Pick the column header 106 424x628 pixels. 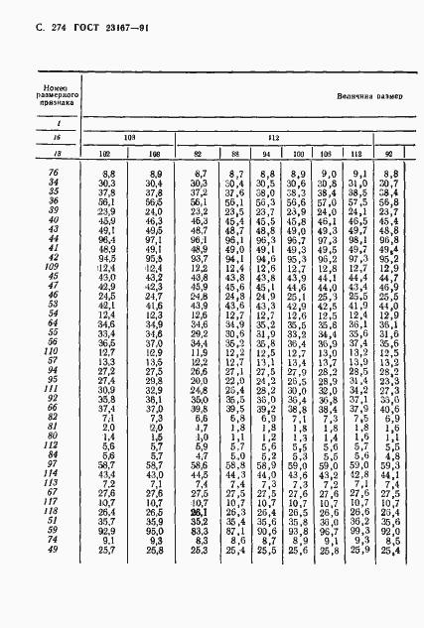tap(325, 155)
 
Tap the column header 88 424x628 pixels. tap(231, 155)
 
